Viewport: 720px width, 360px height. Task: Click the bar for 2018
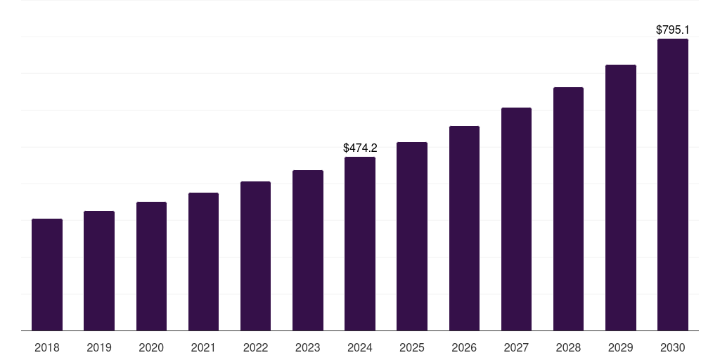click(47, 275)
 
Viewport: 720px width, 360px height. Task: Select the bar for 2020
click(151, 266)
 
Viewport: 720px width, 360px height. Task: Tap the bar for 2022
click(255, 256)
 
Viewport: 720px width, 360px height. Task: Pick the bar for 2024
click(360, 244)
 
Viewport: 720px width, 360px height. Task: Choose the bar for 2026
click(464, 229)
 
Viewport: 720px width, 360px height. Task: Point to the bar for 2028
click(568, 209)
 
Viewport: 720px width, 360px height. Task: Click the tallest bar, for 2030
click(673, 185)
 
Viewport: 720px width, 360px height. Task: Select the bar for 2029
click(621, 198)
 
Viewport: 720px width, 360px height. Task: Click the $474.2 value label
click(360, 148)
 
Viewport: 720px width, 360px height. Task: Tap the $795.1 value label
click(673, 30)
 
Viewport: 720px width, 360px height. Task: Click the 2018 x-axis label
click(47, 347)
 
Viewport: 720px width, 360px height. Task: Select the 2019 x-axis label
click(99, 347)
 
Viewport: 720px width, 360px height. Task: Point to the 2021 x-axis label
click(203, 347)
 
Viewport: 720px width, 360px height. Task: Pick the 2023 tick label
click(308, 347)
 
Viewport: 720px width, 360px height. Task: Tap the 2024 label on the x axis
click(360, 347)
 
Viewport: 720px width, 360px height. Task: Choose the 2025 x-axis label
click(412, 347)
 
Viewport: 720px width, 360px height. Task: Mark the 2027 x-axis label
click(516, 347)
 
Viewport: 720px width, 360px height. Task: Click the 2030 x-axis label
click(673, 347)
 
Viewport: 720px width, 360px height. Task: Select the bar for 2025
click(412, 236)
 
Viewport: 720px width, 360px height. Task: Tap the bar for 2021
click(203, 262)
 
